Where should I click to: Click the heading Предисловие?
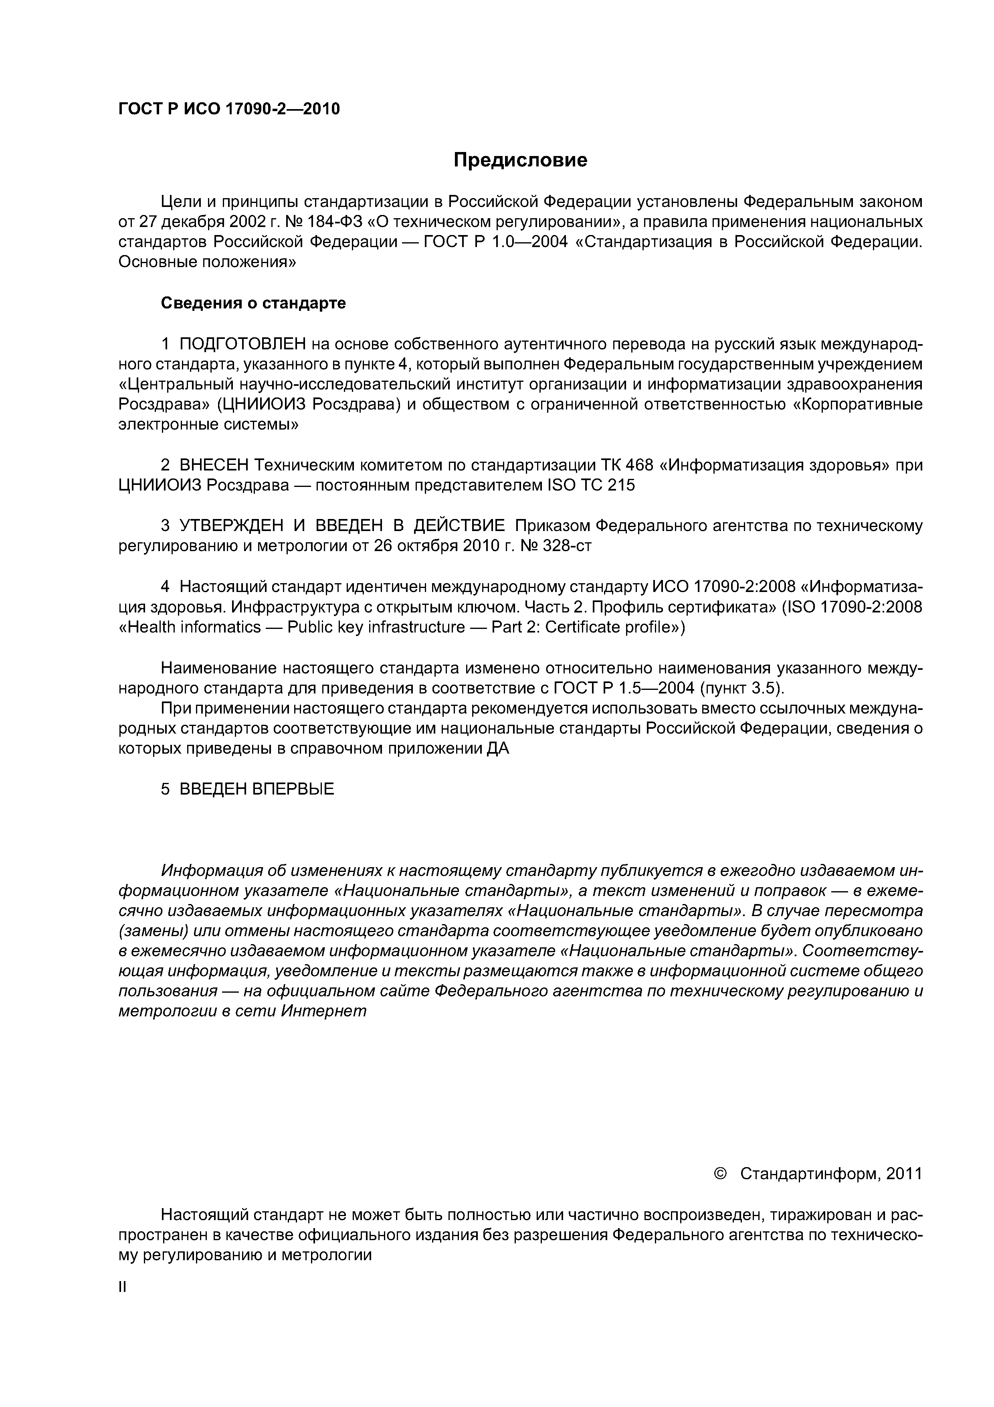tap(520, 160)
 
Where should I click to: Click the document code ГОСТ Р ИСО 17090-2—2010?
tap(229, 109)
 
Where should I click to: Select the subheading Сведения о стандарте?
tap(253, 303)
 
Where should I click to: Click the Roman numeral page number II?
tap(122, 1287)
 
